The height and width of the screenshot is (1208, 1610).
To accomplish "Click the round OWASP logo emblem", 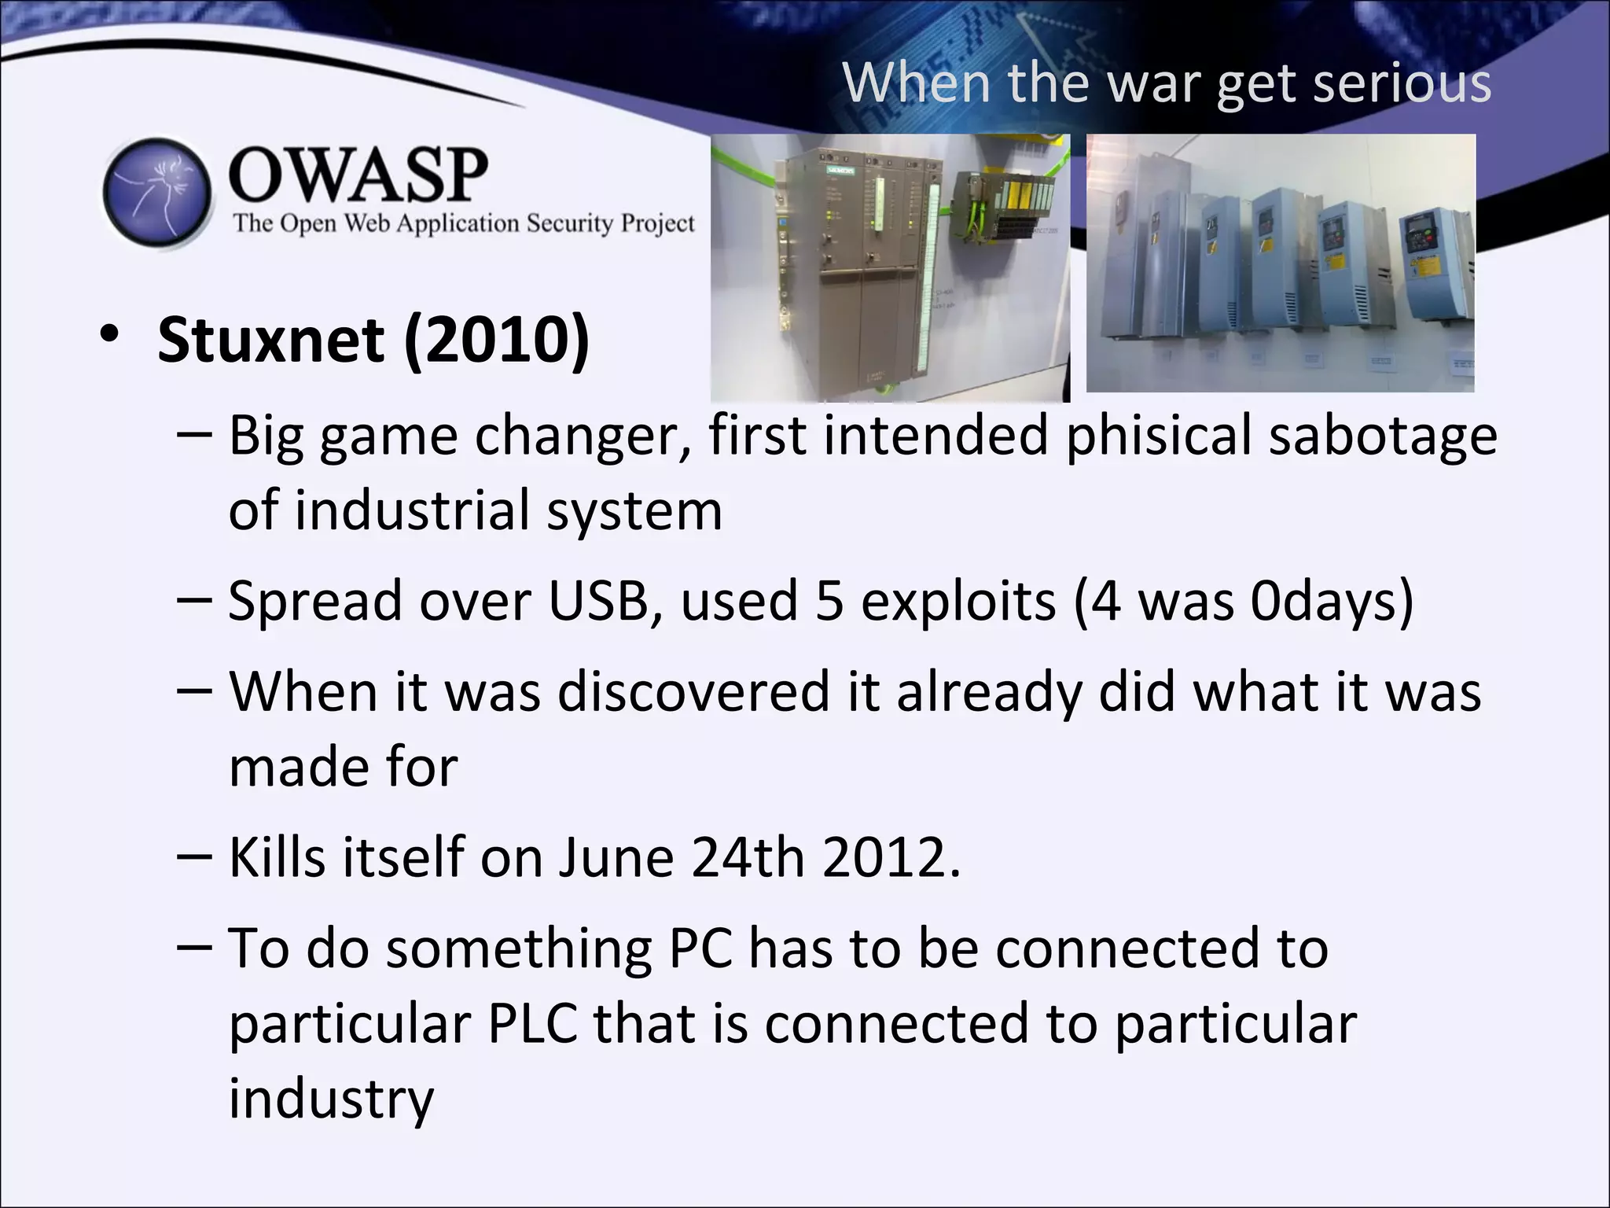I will coord(157,193).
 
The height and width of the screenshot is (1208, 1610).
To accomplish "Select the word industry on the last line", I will coord(331,1099).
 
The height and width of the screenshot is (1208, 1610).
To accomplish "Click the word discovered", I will coord(693,692).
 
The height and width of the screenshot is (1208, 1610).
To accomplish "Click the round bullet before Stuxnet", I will coord(109,336).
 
